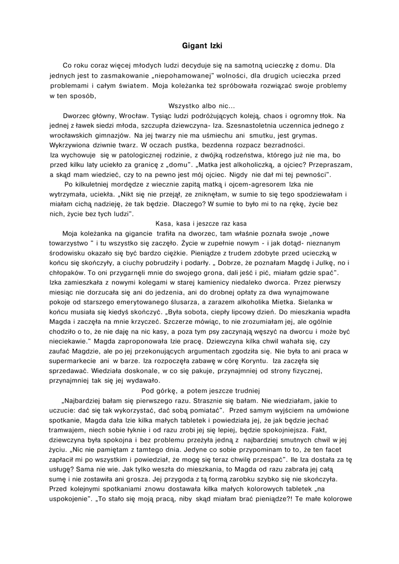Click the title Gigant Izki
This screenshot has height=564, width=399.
(x=202, y=47)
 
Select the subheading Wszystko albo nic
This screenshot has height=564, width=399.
(x=201, y=106)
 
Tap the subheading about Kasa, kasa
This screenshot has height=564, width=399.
(x=202, y=223)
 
